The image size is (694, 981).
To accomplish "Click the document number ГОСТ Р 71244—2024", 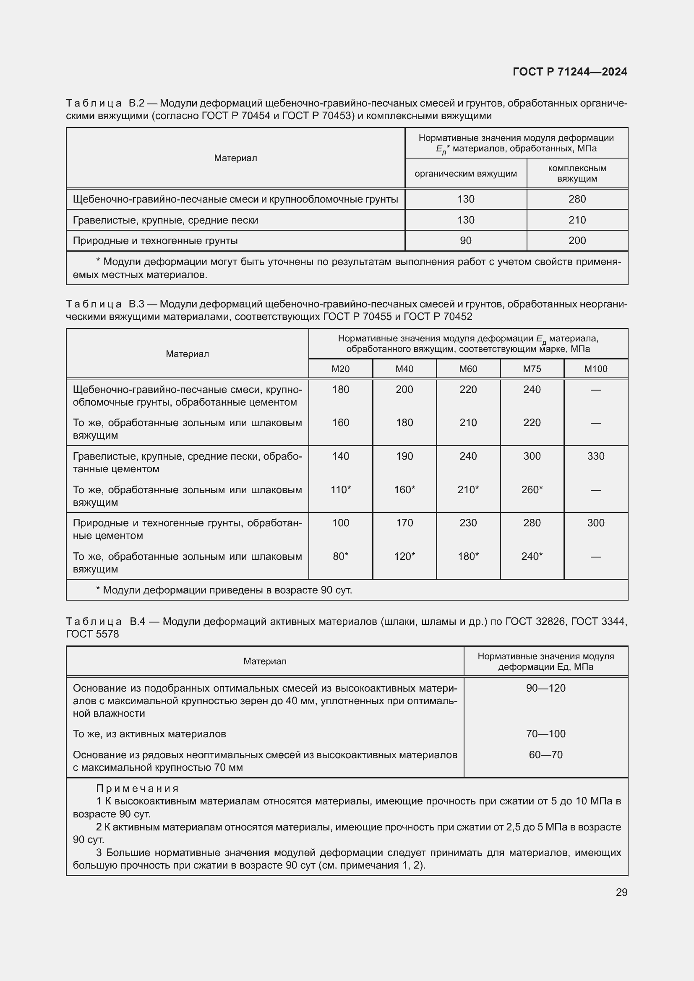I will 570,72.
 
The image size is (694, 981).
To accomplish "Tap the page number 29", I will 621,892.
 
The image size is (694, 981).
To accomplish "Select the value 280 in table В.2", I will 577,199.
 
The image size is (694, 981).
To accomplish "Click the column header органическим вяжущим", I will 465,174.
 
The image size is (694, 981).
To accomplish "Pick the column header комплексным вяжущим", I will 577,174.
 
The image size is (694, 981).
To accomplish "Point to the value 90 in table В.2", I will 465,241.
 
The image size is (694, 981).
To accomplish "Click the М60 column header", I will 468,369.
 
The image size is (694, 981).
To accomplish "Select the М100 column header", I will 595,369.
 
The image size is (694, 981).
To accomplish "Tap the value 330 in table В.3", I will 595,456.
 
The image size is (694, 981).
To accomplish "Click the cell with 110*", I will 341,489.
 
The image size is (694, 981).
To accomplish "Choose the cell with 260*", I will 532,489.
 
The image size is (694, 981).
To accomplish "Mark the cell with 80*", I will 341,556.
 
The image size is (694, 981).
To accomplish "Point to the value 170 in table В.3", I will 404,523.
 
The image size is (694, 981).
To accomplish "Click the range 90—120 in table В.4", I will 545,688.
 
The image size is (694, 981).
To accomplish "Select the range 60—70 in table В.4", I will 545,755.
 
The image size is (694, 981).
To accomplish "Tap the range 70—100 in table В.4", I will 545,734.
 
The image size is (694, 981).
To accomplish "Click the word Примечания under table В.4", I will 137,788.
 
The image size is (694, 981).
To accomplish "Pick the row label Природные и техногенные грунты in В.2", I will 155,241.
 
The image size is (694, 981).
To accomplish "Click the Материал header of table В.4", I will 264,661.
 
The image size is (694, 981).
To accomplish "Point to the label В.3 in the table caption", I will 136,304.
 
